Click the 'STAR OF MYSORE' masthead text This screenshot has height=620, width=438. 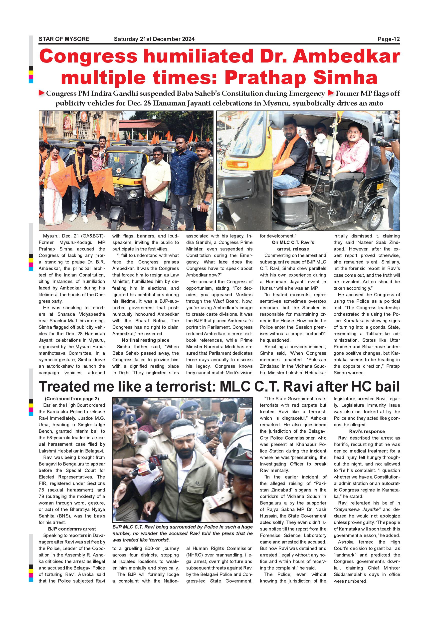coord(64,39)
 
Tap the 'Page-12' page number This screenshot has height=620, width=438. coord(388,39)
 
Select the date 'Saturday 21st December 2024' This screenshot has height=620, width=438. coord(154,39)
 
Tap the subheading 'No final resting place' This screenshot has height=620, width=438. coord(145,340)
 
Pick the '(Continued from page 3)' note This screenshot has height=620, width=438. coord(72,399)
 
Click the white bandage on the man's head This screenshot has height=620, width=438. coord(180,436)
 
